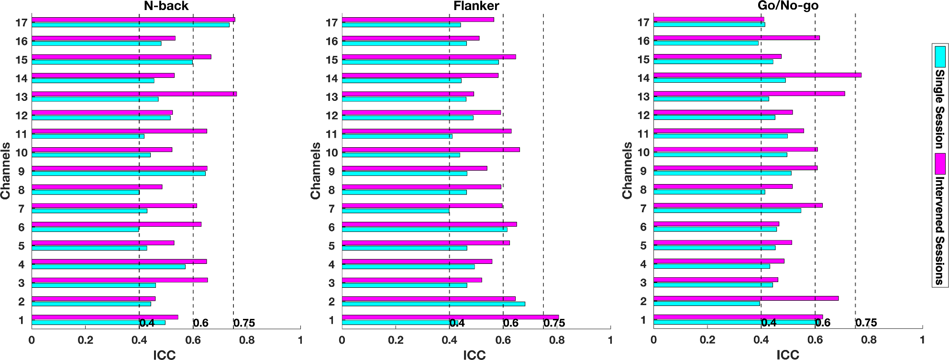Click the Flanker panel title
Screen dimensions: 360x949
[476, 6]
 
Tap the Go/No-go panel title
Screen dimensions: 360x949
[788, 6]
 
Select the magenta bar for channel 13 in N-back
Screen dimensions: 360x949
[134, 94]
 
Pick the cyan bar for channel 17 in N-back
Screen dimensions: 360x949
[130, 25]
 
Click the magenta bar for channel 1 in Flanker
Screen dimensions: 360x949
[450, 317]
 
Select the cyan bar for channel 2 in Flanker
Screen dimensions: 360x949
[433, 304]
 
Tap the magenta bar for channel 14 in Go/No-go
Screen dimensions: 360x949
[757, 75]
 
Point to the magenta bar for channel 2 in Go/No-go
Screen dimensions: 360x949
[746, 298]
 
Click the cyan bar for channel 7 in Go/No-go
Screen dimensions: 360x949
[727, 210]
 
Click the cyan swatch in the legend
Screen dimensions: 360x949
[940, 56]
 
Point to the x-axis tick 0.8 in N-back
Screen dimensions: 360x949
[247, 340]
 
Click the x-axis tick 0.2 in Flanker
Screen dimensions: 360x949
[396, 340]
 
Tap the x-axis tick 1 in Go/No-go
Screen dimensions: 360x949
[923, 340]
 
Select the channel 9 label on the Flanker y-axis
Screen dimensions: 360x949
[331, 171]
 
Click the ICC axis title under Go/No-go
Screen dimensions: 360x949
[788, 354]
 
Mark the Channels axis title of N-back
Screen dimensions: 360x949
[6, 171]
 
